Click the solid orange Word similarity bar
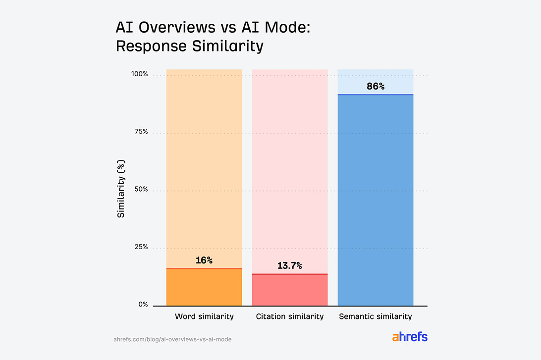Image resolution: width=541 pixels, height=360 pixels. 204,287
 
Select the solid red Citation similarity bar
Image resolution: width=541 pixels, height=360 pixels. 290,290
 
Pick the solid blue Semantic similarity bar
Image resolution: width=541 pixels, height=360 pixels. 376,201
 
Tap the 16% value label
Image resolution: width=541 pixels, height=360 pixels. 204,260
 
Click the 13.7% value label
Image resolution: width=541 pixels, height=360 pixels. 290,265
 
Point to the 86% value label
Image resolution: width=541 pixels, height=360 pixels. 376,86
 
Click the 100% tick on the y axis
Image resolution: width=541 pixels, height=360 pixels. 139,74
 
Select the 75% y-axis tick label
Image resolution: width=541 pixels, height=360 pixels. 141,132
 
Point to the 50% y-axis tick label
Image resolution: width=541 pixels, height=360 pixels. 141,190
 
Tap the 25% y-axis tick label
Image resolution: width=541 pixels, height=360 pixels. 141,247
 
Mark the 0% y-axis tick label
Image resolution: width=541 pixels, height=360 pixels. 143,305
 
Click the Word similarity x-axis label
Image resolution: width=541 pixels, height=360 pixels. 204,316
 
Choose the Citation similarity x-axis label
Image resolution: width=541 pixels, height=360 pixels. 290,316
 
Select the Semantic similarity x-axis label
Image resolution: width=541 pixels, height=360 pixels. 376,316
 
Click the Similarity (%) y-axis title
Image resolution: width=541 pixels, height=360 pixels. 121,189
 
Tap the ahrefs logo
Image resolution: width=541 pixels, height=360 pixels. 410,337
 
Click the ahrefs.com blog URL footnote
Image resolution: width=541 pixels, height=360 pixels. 172,339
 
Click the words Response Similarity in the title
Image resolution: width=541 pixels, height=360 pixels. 189,46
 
